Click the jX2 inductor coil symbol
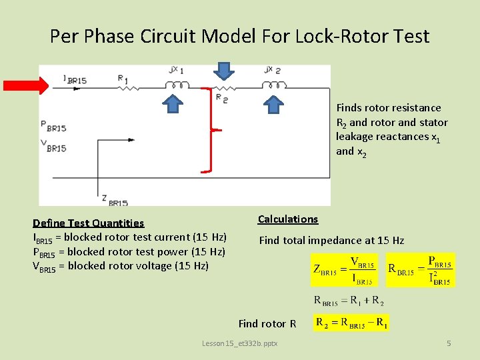click(x=272, y=85)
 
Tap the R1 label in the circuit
click(x=123, y=79)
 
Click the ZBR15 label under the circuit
click(x=114, y=199)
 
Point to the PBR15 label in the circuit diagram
click(x=53, y=125)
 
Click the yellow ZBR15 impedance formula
click(x=344, y=270)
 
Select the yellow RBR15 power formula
click(x=421, y=270)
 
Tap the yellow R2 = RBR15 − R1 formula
click(x=351, y=323)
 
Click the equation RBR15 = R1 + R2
click(x=347, y=300)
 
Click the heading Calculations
click(x=288, y=219)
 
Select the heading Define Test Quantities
click(x=88, y=223)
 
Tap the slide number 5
click(x=449, y=343)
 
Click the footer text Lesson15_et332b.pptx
click(x=239, y=343)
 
